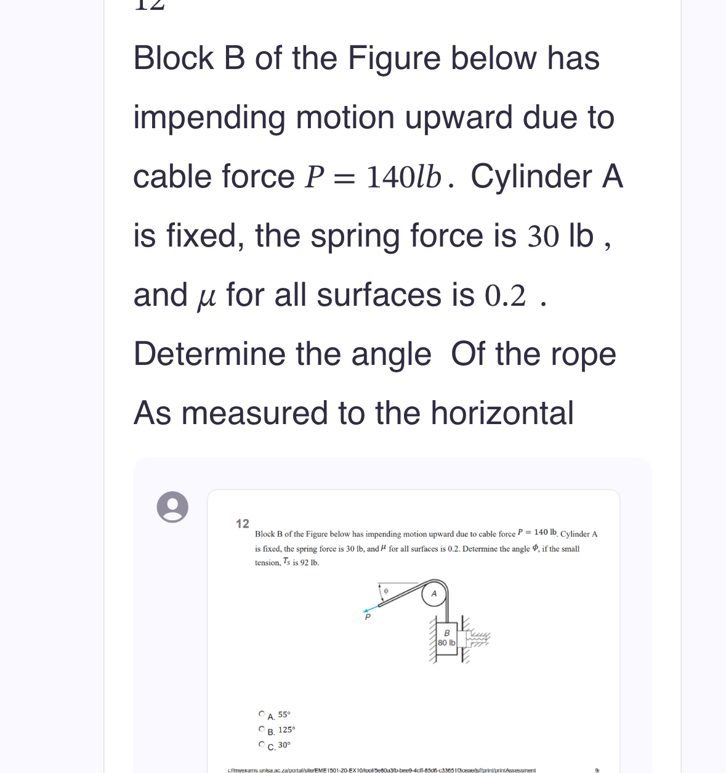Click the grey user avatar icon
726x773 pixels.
[172, 507]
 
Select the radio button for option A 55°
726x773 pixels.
[262, 714]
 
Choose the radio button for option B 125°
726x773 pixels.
[262, 729]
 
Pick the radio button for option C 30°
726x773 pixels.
[262, 744]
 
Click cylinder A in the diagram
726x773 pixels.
[434, 594]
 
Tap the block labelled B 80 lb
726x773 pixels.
[447, 639]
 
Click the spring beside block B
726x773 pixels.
[478, 638]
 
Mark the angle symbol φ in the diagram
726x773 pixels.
[386, 591]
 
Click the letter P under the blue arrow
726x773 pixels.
[368, 616]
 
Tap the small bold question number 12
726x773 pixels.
[243, 524]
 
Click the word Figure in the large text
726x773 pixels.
[394, 59]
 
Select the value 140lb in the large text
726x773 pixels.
[404, 178]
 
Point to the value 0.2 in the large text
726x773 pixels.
[506, 296]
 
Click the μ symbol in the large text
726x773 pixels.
[206, 297]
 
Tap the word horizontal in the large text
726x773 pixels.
[502, 413]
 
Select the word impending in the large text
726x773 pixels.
[209, 118]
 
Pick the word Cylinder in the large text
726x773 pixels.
[531, 178]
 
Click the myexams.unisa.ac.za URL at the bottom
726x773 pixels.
[382, 770]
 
